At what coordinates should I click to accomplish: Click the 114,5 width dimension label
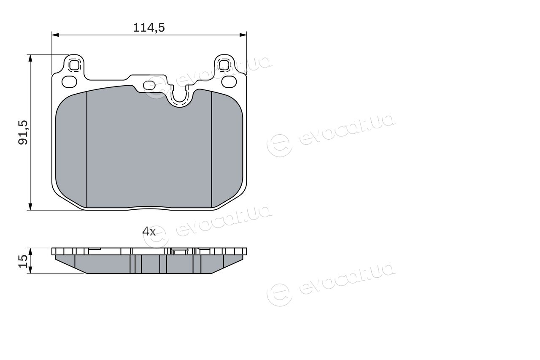pyautogui.click(x=149, y=27)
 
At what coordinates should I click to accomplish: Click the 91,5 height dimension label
pyautogui.click(x=23, y=133)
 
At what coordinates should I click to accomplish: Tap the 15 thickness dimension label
pyautogui.click(x=23, y=261)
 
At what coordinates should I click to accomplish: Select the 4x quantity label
pyautogui.click(x=149, y=232)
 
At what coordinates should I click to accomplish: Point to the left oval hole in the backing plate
pyautogui.click(x=70, y=82)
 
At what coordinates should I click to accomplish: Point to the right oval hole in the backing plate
pyautogui.click(x=229, y=82)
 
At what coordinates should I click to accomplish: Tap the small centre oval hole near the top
pyautogui.click(x=149, y=85)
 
